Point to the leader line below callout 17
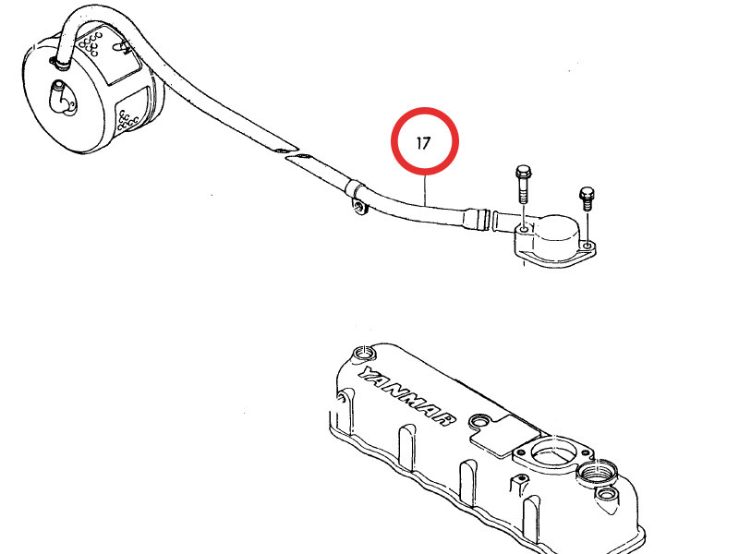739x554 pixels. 425,190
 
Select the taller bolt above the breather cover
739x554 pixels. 523,184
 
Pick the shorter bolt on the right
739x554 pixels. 587,199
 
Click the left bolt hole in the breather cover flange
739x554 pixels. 524,230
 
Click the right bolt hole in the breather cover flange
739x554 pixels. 587,246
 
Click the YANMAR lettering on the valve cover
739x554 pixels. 407,395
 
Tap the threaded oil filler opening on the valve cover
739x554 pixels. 596,473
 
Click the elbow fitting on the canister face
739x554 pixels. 61,97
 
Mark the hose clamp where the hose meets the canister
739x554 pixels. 60,62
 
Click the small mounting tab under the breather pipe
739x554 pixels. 359,206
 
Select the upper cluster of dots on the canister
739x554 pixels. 91,43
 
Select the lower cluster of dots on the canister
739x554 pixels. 127,121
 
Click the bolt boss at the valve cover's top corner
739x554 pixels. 364,353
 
